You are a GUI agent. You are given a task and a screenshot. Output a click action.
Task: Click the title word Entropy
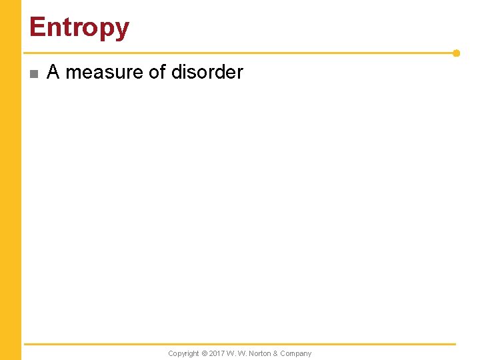coord(79,28)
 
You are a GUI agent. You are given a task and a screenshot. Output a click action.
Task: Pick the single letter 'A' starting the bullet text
coord(53,72)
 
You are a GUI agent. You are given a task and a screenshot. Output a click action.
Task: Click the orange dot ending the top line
coord(456,53)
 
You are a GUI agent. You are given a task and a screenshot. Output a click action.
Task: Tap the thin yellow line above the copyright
coord(240,344)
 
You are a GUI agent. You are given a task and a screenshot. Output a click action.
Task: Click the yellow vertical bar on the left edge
coord(11,180)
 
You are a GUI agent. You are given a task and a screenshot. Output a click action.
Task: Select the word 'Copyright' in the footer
coord(183,353)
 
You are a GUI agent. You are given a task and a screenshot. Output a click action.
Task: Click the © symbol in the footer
coord(205,353)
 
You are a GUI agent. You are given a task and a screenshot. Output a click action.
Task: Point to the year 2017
coord(217,353)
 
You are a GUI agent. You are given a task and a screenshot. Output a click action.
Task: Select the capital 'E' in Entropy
coord(37,27)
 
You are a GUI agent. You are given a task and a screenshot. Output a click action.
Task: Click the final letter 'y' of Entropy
coord(122,30)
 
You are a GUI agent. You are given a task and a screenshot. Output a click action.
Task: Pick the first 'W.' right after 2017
coord(231,353)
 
